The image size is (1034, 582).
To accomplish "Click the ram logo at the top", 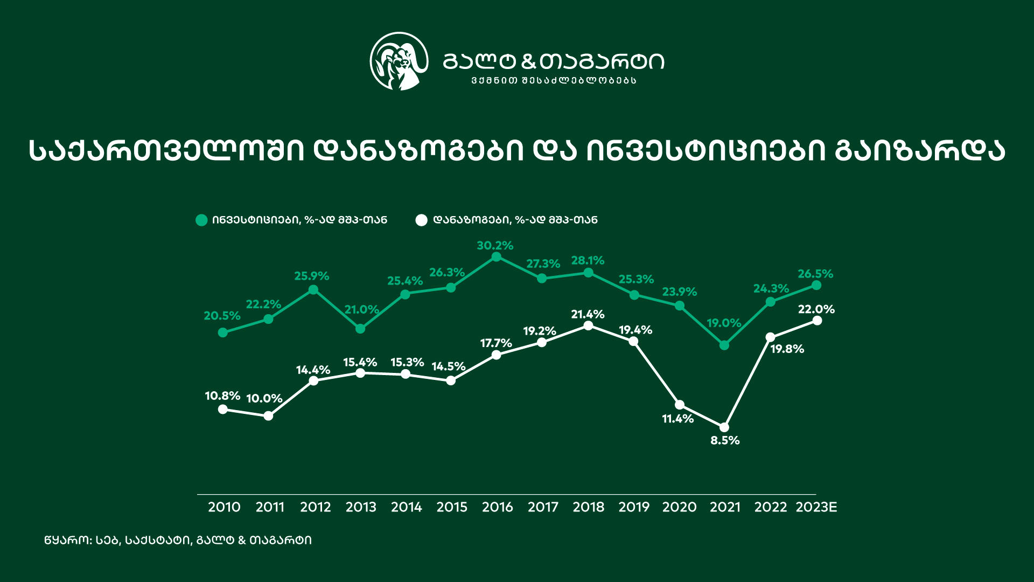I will pos(399,61).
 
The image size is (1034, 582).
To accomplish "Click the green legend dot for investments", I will pos(201,220).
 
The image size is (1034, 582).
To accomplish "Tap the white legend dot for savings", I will pos(422,220).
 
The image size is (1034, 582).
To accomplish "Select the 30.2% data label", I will pos(495,246).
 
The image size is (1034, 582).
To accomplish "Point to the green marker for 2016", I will pos(497,257).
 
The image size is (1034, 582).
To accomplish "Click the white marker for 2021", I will pos(724,427).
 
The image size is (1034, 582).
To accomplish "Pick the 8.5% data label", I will pos(725,440).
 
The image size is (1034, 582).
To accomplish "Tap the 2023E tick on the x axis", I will pos(816,507).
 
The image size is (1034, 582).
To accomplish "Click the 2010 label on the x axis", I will pos(224,507).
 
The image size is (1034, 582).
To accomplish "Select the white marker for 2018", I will pos(588,325).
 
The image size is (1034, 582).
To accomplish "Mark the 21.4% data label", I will pos(588,314).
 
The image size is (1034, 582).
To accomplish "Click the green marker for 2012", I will pos(313,290).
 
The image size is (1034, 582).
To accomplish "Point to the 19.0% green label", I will pos(724,323).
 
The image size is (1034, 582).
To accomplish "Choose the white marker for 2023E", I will pos(816,321).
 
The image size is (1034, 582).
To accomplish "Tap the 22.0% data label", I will pos(816,309).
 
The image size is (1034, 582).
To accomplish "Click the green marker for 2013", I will pos(360,329).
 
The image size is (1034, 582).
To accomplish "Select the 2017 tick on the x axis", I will pos(543,507).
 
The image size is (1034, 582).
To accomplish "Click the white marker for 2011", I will pos(268,416).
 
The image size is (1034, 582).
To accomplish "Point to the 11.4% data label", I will pos(677,419).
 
